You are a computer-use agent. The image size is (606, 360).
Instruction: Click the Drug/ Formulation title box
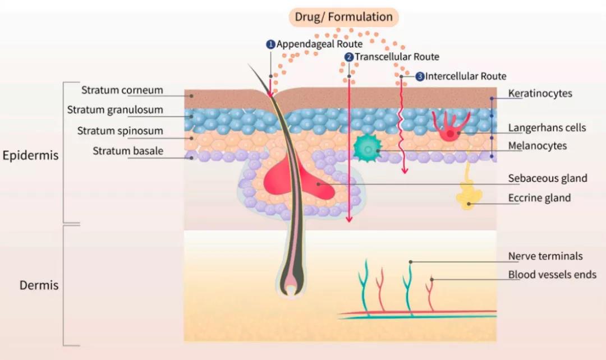[344, 17]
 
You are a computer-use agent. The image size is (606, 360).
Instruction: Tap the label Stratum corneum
[122, 90]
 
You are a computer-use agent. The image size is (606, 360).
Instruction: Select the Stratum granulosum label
[115, 110]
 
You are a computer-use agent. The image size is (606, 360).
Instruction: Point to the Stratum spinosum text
[120, 131]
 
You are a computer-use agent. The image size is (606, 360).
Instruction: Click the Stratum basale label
[128, 150]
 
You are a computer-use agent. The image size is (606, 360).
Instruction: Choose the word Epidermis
[30, 155]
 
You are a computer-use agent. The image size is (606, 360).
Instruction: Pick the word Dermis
[39, 285]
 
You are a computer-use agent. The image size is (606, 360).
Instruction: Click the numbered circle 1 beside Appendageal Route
[270, 44]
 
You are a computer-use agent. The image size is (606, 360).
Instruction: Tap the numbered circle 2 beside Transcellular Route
[348, 57]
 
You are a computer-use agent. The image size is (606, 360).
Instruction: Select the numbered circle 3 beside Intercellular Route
[420, 76]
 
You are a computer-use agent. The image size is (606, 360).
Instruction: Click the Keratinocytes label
[540, 93]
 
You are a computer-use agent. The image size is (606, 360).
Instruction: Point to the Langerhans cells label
[547, 128]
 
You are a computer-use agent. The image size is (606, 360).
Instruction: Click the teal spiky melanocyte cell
[367, 148]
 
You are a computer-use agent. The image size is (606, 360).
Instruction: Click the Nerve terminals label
[545, 256]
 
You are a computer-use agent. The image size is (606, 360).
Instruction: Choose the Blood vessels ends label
[552, 275]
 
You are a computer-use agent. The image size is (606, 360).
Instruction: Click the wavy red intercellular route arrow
[402, 123]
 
